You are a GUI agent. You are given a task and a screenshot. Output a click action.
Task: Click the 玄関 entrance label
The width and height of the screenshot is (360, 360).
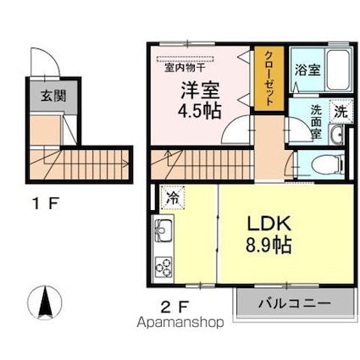click(x=53, y=96)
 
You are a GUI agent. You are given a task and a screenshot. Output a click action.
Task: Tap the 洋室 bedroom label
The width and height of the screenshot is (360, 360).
click(x=200, y=90)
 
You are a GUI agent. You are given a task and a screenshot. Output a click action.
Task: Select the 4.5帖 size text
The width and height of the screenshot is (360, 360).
click(x=199, y=111)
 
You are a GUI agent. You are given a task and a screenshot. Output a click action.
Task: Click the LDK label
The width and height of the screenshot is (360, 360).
click(x=269, y=224)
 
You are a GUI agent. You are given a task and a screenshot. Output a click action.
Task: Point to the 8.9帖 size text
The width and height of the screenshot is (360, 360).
click(x=269, y=245)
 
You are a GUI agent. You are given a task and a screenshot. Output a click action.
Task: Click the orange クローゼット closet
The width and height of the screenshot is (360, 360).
click(x=269, y=79)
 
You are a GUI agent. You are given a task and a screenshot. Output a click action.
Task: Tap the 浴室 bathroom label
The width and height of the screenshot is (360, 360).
click(x=307, y=69)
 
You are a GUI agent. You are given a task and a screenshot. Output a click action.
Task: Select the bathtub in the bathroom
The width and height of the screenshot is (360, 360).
click(x=338, y=69)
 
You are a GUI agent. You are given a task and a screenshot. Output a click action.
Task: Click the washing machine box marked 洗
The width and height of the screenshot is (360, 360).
click(x=341, y=112)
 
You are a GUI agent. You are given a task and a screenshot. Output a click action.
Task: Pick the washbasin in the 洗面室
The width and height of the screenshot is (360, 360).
click(x=336, y=135)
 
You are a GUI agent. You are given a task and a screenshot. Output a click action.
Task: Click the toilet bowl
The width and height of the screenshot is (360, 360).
click(x=328, y=165)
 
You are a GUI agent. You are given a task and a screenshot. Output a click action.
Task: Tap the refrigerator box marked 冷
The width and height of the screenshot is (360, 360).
click(x=173, y=197)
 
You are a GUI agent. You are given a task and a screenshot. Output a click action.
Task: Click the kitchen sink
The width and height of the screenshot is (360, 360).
click(x=163, y=230)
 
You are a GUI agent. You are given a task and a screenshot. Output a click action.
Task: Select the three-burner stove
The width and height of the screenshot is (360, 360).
click(x=163, y=267)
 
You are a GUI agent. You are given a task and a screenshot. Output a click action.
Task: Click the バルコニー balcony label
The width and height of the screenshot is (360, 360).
click(x=295, y=304)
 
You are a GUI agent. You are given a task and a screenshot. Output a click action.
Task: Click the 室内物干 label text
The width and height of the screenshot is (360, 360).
click(x=185, y=68)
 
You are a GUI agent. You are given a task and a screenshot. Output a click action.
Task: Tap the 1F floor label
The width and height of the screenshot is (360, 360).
click(x=46, y=204)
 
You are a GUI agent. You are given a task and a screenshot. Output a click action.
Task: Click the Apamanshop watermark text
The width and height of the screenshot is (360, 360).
click(x=180, y=323)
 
